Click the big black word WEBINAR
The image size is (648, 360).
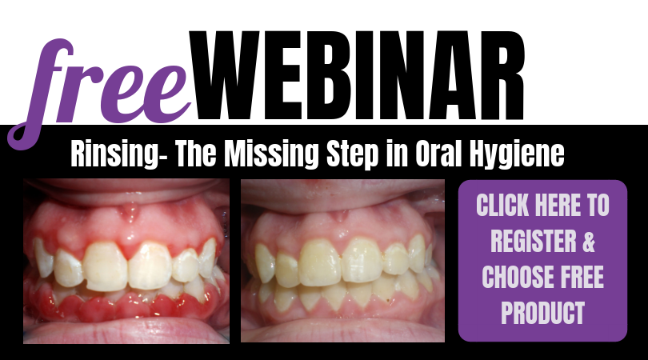(x=357, y=76)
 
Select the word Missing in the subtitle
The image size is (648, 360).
(x=272, y=154)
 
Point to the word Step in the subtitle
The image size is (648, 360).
(x=353, y=154)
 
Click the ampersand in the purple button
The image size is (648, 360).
(x=589, y=241)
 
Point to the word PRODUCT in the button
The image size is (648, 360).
(x=542, y=313)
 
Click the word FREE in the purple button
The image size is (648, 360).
(x=582, y=277)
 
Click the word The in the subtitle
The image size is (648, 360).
(x=195, y=154)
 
